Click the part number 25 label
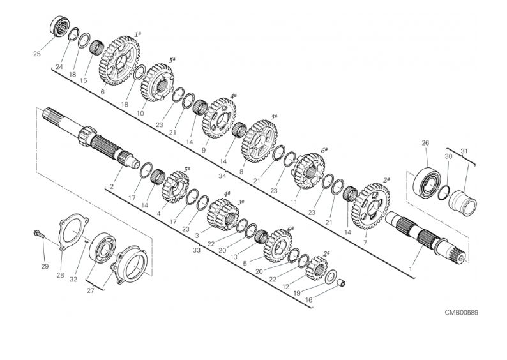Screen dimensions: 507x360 37,54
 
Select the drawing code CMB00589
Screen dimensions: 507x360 462,313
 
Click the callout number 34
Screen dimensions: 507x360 222,176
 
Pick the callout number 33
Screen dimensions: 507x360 197,250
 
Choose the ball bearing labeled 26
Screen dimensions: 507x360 427,181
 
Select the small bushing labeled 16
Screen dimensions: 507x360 342,283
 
